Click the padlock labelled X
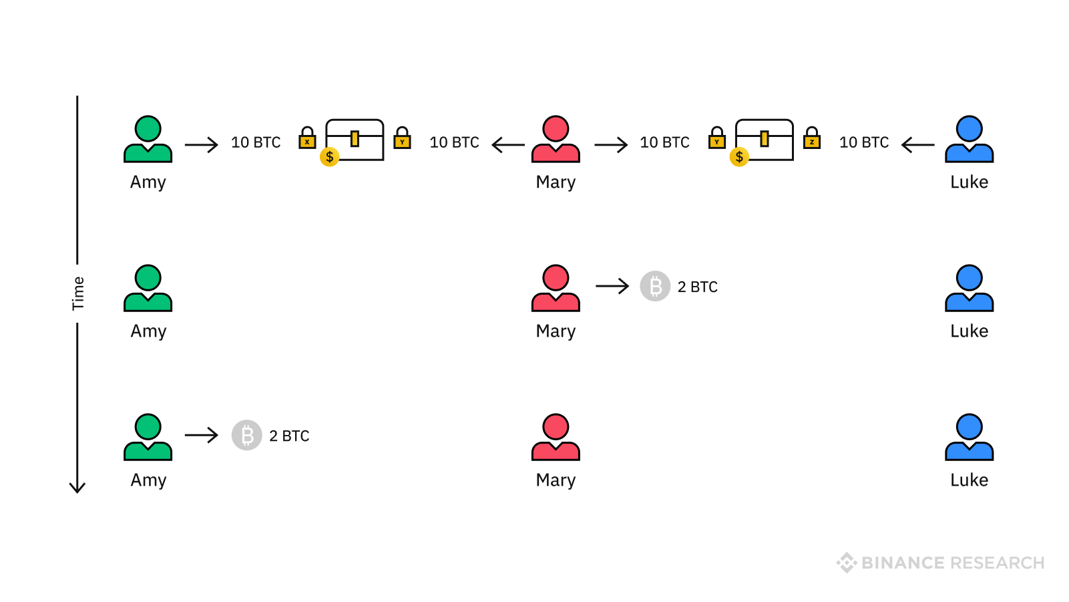[307, 138]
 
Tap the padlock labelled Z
[812, 138]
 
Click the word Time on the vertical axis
[78, 293]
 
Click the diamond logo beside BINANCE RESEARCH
[847, 563]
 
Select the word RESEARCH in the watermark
[998, 563]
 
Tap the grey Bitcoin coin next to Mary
[655, 287]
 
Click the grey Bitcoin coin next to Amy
[247, 436]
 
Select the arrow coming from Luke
[917, 144]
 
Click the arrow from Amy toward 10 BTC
[202, 144]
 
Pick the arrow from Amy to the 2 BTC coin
[202, 436]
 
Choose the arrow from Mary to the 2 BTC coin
[612, 287]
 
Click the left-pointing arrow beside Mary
[508, 144]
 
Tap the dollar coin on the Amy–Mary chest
[330, 157]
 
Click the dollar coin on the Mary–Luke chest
[739, 157]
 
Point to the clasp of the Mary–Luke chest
[765, 139]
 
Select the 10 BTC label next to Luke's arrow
[864, 142]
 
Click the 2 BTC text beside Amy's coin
[289, 436]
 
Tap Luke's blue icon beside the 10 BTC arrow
[969, 139]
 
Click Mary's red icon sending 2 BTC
[556, 288]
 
